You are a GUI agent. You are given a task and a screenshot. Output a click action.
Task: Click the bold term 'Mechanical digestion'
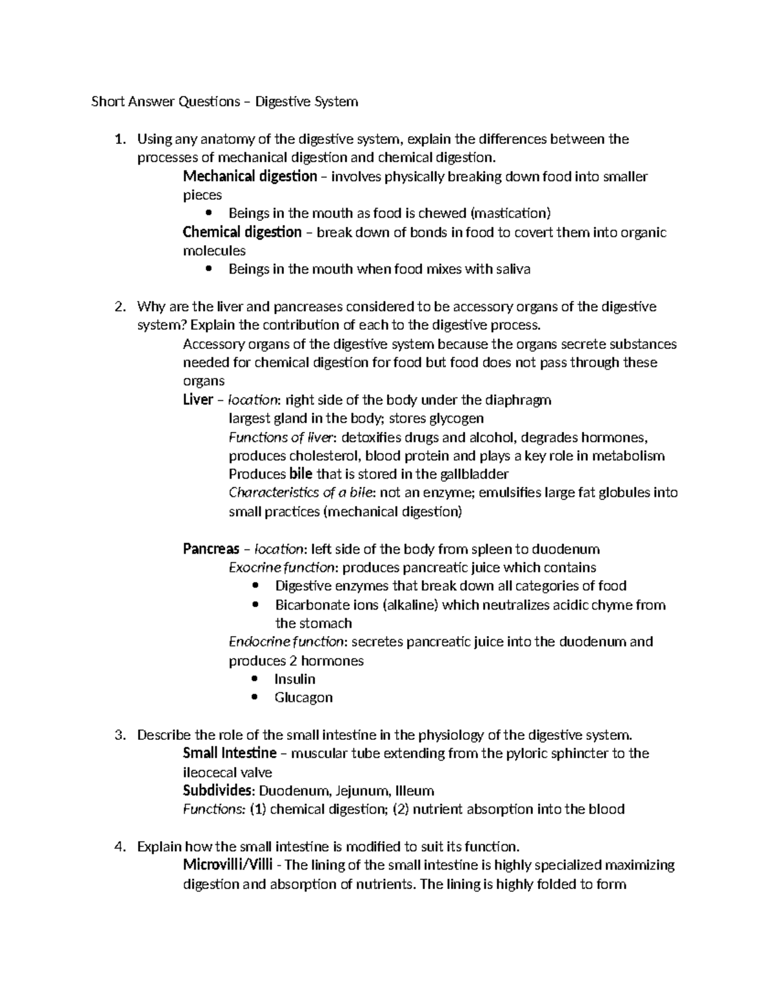coord(250,176)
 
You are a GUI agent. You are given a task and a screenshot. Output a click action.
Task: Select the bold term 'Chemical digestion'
coord(242,232)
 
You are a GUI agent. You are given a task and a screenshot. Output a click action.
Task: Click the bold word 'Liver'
coord(198,400)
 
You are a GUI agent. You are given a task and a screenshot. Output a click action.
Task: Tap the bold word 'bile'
coord(300,474)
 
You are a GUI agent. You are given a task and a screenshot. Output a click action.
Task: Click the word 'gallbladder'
coord(471,474)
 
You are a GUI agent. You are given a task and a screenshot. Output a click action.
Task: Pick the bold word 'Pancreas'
coord(211,549)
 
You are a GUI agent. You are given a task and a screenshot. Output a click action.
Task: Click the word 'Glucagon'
coord(303,698)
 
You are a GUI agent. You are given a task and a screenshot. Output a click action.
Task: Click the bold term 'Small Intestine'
coord(230,753)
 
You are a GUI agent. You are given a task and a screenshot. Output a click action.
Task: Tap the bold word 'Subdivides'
coord(217,791)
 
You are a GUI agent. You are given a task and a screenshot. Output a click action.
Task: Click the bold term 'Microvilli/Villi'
coord(228,865)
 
